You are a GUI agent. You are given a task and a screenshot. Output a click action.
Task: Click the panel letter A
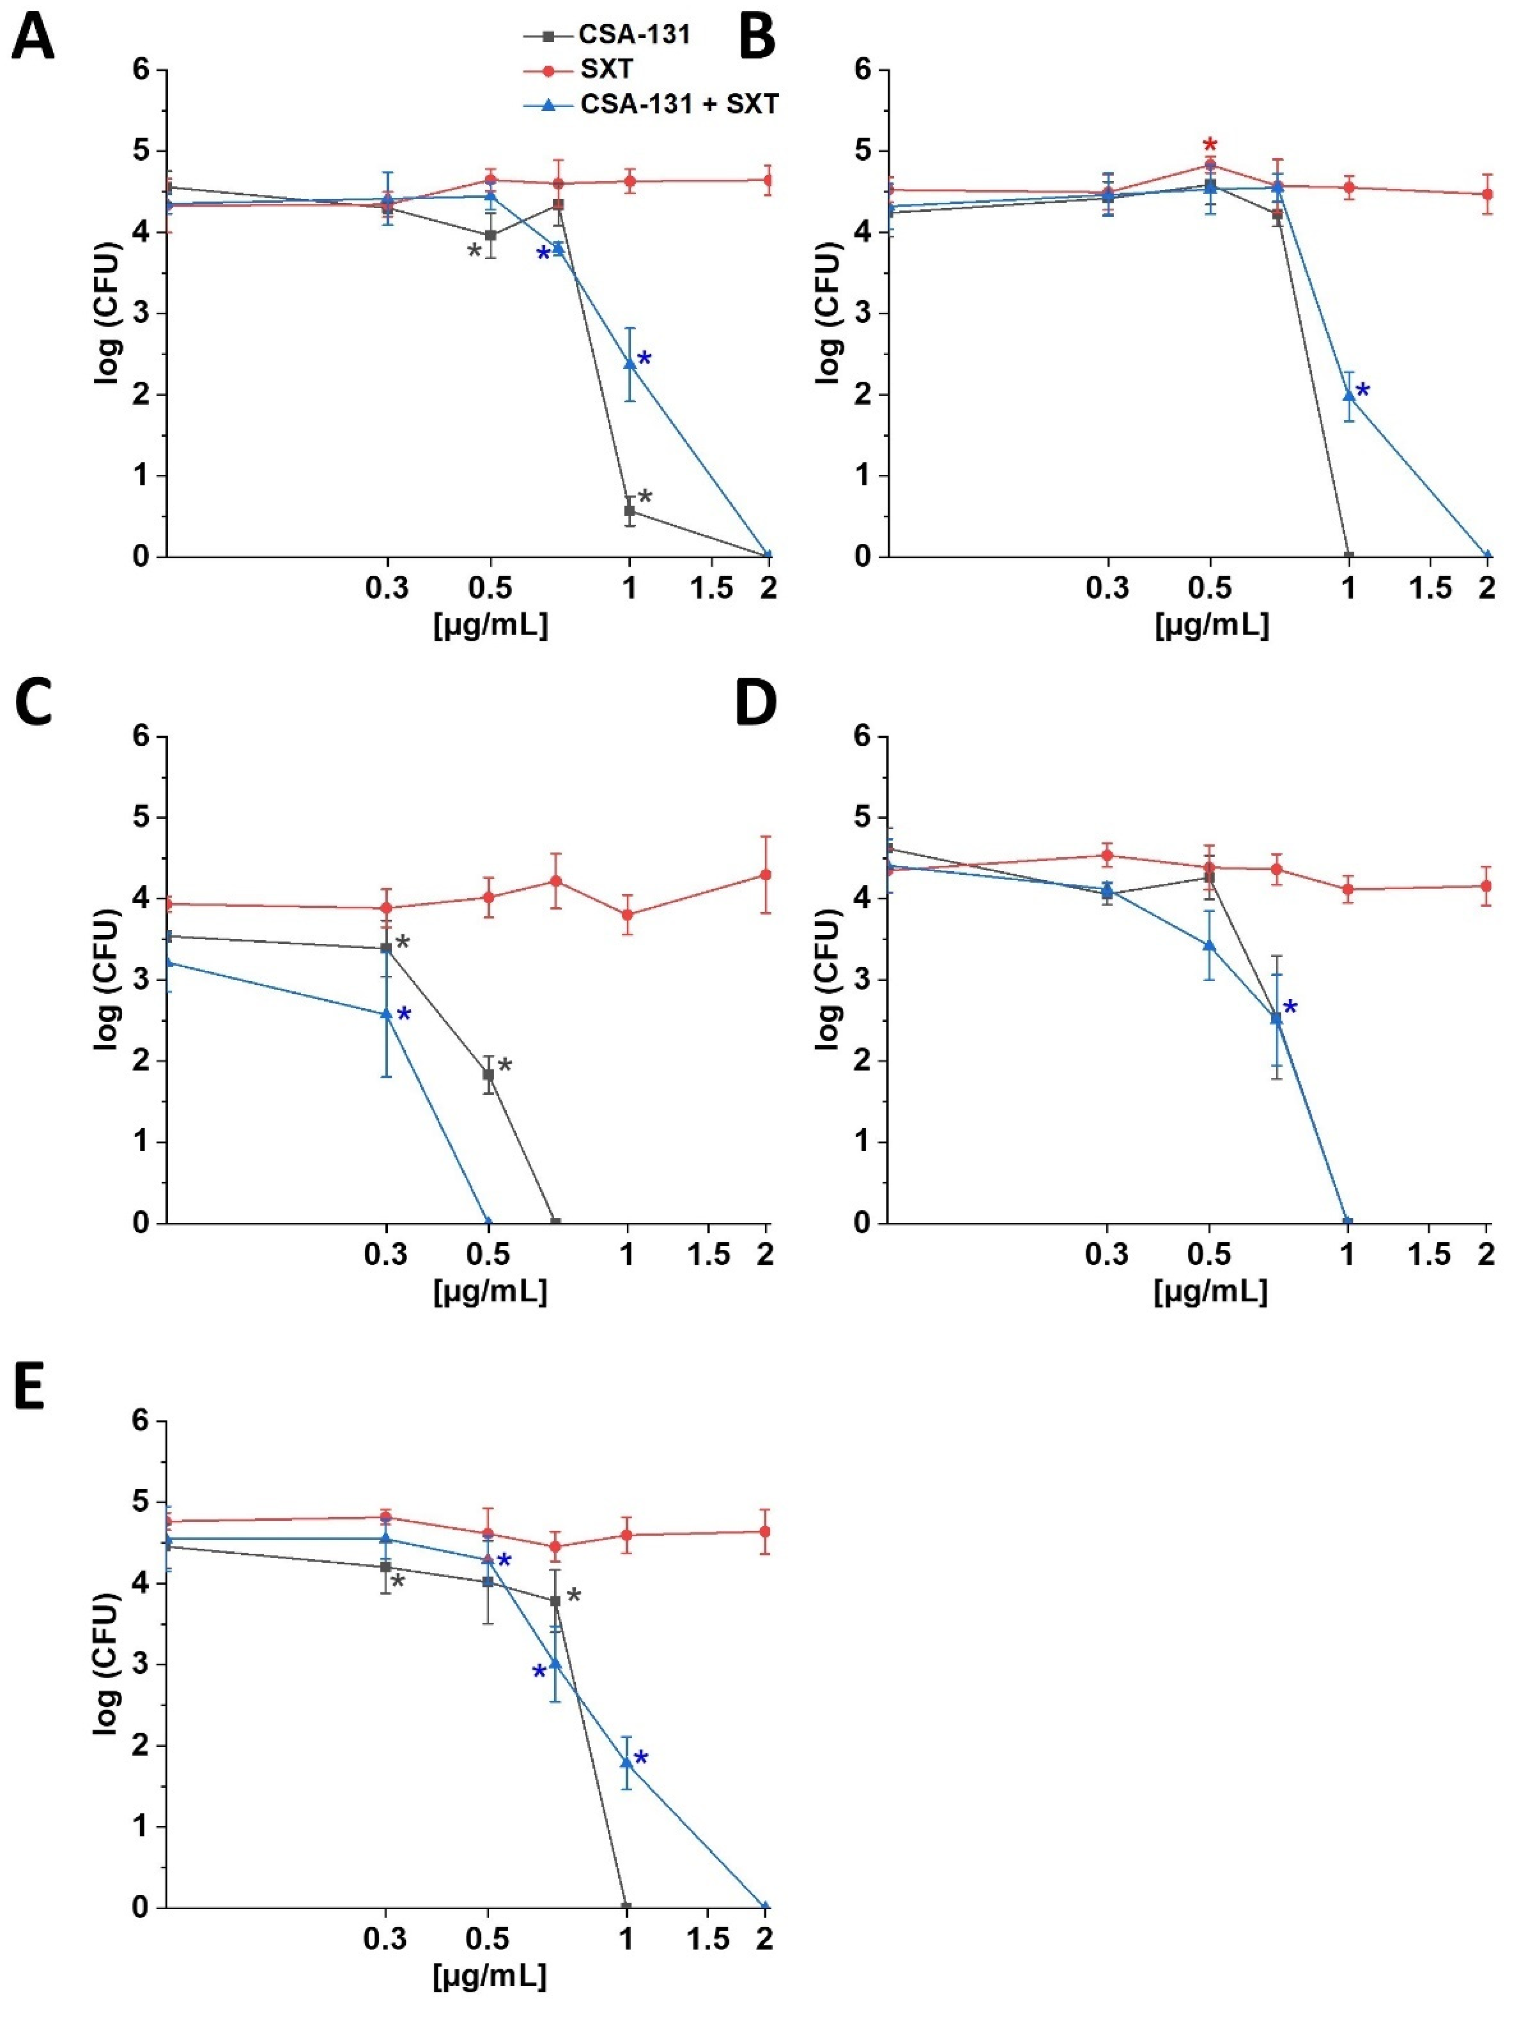point(32,39)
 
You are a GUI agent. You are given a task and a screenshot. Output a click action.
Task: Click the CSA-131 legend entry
point(633,35)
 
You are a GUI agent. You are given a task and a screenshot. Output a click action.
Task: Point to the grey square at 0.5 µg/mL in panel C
point(489,1075)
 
